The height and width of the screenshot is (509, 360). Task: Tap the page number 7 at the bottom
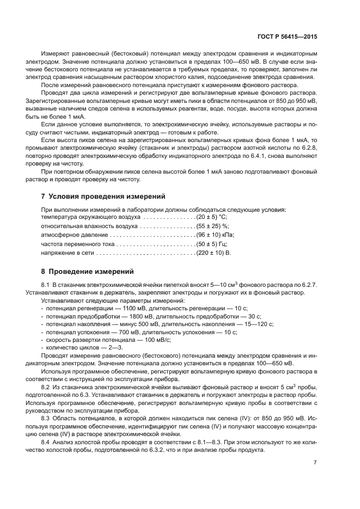[x=315, y=463]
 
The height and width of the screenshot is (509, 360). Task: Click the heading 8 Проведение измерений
[x=87, y=271]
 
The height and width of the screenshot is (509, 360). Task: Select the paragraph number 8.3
[x=46, y=418]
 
